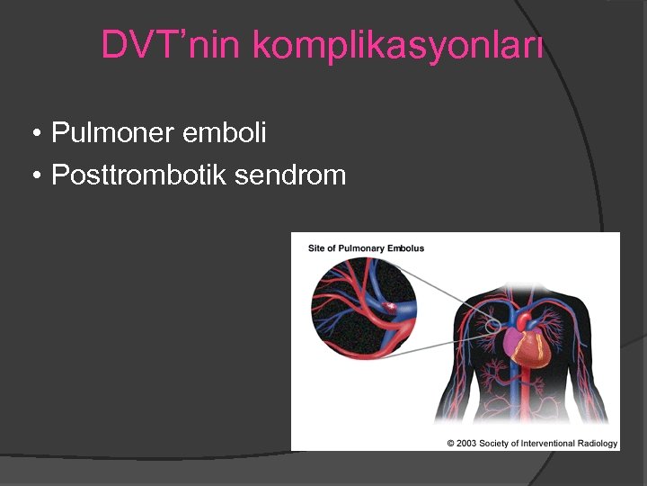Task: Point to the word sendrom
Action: pos(289,175)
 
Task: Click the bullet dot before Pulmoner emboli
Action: pos(35,135)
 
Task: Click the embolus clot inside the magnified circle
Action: pos(391,308)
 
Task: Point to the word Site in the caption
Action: pos(315,247)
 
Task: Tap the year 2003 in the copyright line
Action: pos(465,443)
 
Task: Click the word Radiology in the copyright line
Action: pos(597,443)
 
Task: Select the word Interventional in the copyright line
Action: pos(546,443)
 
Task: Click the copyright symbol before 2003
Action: pos(451,443)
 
